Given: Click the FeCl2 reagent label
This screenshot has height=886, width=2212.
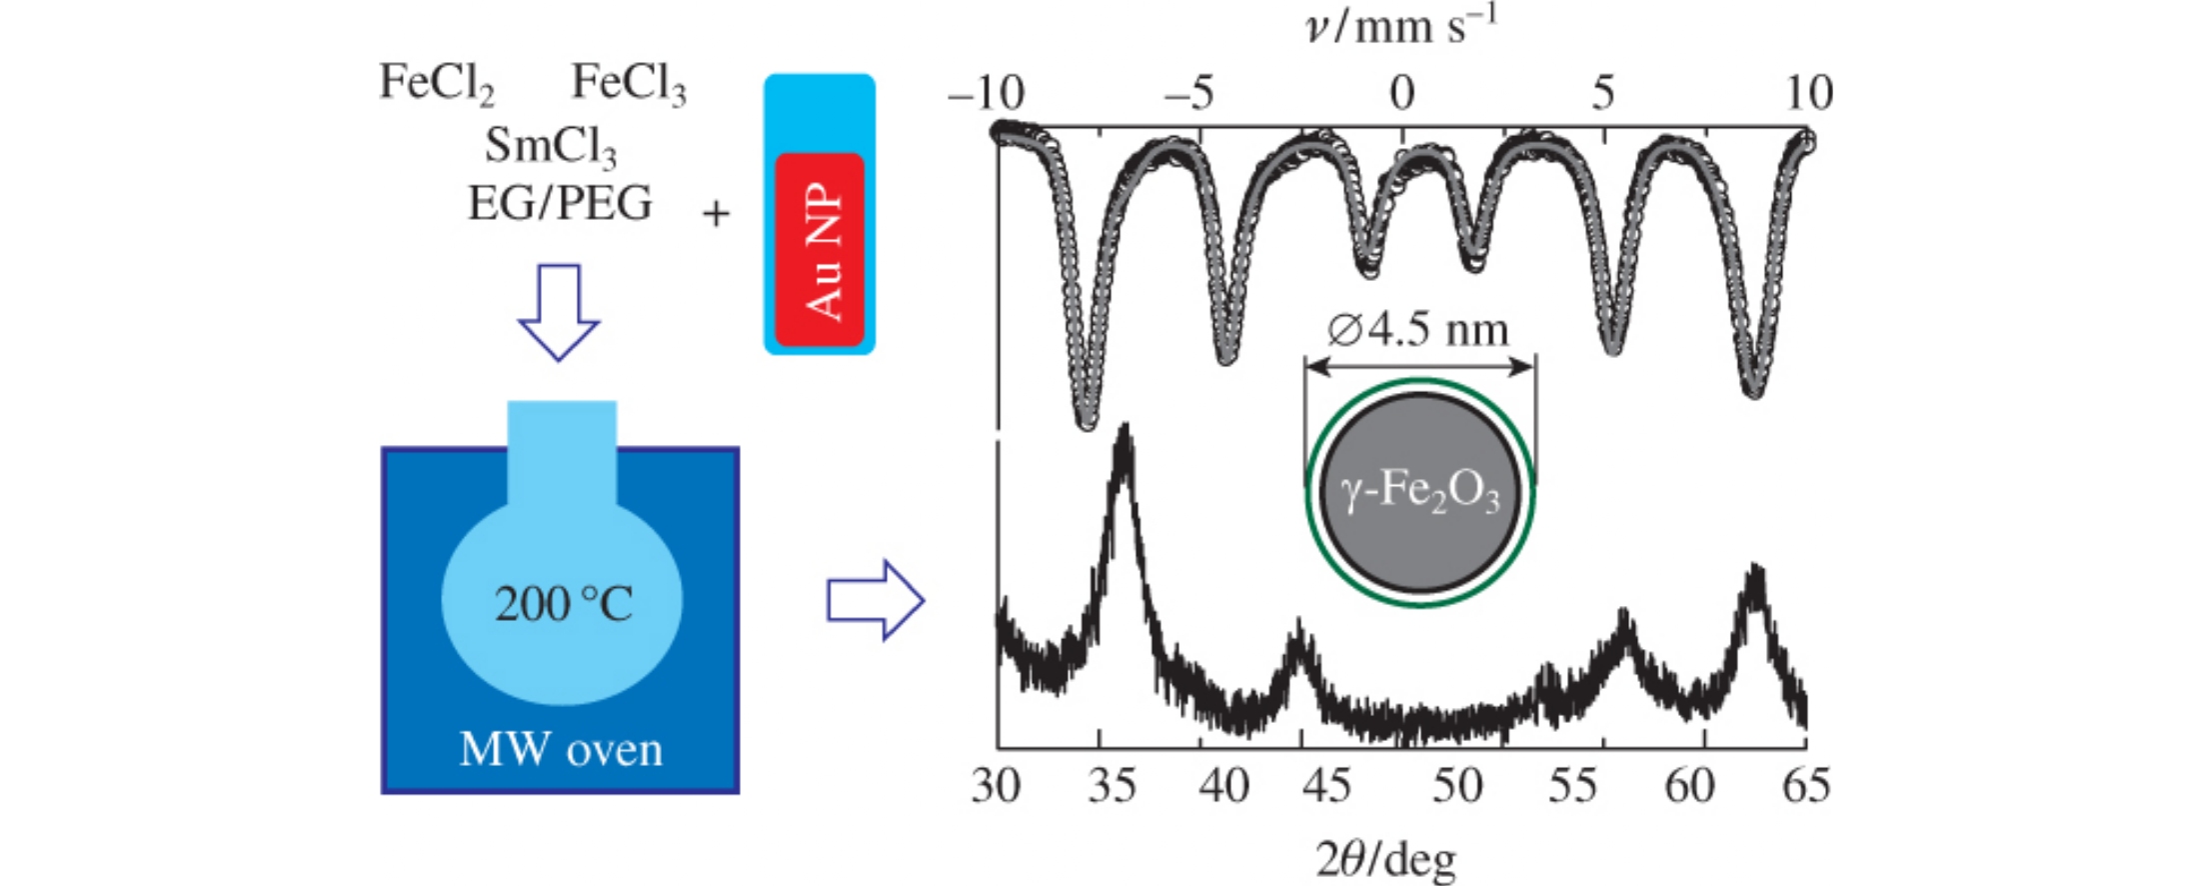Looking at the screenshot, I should (x=436, y=83).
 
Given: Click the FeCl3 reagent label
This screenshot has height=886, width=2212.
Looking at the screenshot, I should (x=628, y=83).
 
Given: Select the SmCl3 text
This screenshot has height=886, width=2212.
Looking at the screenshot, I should (x=550, y=146).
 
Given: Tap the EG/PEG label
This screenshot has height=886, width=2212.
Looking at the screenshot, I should (x=560, y=204).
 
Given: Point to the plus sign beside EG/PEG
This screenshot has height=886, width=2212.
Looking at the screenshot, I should (x=716, y=214).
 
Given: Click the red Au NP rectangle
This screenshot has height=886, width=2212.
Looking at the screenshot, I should (x=820, y=250).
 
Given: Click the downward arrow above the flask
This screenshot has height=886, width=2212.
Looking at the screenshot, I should (x=559, y=311).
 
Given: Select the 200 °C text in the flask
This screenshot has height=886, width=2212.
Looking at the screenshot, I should (x=563, y=604).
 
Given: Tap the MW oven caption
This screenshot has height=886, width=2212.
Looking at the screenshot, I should (x=561, y=750).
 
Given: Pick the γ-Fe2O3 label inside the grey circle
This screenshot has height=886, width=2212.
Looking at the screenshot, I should (x=1419, y=493).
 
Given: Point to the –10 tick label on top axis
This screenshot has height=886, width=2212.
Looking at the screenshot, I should (x=986, y=94).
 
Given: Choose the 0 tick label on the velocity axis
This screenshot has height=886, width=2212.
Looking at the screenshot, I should (x=1401, y=94).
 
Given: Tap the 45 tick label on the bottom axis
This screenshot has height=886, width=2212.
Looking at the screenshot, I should (x=1325, y=786).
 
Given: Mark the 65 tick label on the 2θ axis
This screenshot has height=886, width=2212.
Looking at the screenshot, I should (x=1806, y=786).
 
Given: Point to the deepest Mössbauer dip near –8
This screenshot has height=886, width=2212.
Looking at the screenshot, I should (x=1087, y=420).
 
